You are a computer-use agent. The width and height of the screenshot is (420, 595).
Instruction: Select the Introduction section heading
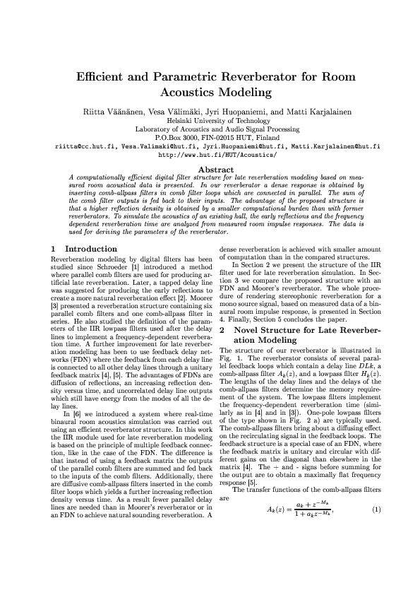coord(91,249)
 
